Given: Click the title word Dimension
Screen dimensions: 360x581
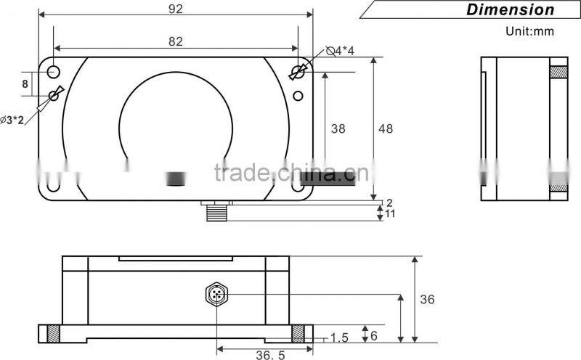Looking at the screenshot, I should tap(510, 9).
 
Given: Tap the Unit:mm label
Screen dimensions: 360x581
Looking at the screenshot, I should tap(529, 31).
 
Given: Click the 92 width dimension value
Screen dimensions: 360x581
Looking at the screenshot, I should tap(174, 9).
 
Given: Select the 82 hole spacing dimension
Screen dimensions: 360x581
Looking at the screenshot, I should tap(175, 42).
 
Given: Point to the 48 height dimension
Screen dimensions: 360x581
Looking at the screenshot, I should tap(386, 128).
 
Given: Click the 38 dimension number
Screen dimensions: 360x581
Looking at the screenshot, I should tap(338, 128).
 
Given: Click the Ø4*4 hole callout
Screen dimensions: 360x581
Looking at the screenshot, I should tap(340, 51).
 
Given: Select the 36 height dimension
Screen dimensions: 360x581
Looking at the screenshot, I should tap(427, 299).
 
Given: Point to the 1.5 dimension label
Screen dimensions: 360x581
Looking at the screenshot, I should tap(339, 337).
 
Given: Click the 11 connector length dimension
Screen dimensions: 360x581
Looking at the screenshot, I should tap(389, 214).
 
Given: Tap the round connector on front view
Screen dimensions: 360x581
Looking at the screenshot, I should tap(216, 295).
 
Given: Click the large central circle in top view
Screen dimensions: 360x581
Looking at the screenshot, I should tap(175, 123).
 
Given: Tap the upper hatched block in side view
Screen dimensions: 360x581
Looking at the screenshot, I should tap(558, 72).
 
